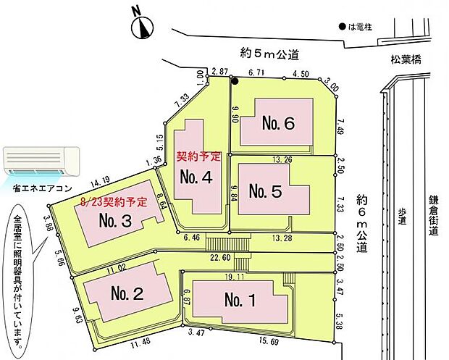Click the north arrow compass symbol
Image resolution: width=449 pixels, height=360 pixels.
click(143, 28)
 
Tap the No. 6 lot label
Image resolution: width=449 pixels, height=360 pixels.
click(278, 123)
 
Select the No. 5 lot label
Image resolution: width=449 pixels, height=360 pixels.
click(266, 191)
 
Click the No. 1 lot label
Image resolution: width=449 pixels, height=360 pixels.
click(240, 300)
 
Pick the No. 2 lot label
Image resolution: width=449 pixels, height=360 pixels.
click(127, 293)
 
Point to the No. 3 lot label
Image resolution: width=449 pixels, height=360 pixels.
click(115, 220)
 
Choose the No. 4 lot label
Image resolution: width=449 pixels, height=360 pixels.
click(196, 177)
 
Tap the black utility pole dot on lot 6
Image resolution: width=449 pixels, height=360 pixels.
click(235, 81)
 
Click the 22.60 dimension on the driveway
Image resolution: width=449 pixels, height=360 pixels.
click(220, 258)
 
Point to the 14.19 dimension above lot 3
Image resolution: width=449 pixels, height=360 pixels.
click(100, 183)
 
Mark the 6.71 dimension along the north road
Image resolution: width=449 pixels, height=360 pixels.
click(256, 72)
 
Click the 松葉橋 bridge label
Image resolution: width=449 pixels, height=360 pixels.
click(406, 60)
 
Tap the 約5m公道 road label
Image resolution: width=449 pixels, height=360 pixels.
click(269, 54)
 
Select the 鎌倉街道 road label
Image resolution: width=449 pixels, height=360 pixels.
click(434, 215)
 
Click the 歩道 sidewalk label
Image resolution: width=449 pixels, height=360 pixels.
click(402, 217)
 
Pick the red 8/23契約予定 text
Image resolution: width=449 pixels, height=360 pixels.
click(114, 202)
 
